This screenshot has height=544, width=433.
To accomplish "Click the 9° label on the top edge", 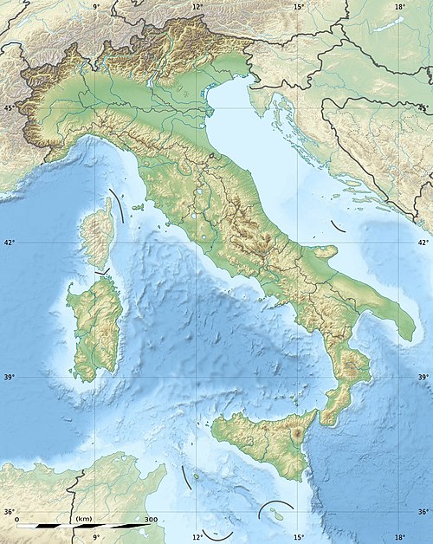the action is [95, 7].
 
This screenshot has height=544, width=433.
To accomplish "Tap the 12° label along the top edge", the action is [197, 7].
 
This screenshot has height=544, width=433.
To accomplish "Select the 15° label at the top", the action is [298, 7].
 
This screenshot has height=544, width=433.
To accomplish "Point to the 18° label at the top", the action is [399, 7].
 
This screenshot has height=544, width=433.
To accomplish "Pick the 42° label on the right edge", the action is [423, 243].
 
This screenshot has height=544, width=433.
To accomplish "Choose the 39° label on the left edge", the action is [10, 378].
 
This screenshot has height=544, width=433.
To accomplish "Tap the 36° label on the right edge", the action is [423, 512].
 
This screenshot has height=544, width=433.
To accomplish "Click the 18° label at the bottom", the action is [399, 537].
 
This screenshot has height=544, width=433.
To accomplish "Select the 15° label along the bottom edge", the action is [298, 537].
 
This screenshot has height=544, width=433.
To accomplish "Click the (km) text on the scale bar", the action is [85, 519].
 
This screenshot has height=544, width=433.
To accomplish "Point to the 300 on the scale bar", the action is [151, 519].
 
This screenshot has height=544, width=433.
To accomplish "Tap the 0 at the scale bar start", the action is [18, 519].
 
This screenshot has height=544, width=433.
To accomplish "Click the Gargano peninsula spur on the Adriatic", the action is [323, 252].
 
